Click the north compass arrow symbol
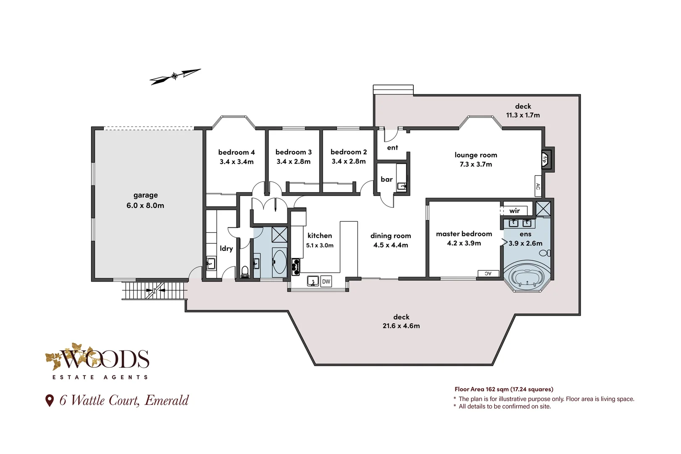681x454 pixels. click(175, 77)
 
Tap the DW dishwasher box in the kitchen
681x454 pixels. click(326, 282)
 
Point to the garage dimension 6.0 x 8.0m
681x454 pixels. click(145, 206)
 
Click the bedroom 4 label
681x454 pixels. click(237, 152)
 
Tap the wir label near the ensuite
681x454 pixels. click(515, 211)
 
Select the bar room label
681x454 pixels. click(387, 179)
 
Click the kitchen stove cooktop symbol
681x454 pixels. click(296, 267)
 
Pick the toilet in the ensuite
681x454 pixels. click(545, 253)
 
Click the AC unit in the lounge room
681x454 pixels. click(538, 186)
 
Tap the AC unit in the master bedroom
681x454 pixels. click(488, 274)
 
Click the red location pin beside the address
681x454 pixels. click(50, 400)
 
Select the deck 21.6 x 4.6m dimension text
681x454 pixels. click(401, 326)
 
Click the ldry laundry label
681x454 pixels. click(226, 248)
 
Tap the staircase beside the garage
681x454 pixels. click(155, 290)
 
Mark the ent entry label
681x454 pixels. click(392, 148)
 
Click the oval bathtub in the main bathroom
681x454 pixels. click(279, 262)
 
